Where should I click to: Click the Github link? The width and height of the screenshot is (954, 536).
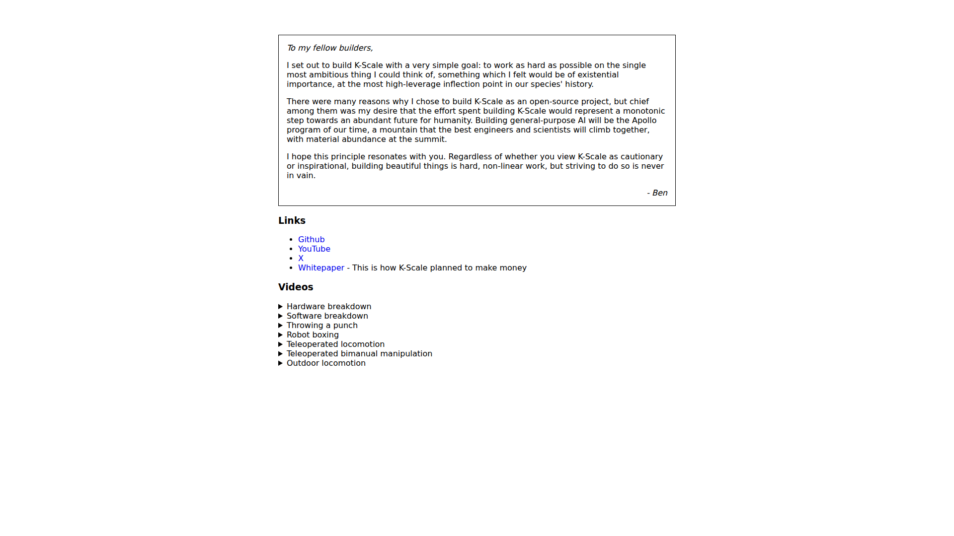[x=311, y=239]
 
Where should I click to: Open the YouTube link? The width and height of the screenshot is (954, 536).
[x=314, y=249]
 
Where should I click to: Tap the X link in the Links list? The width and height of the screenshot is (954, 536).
[x=301, y=258]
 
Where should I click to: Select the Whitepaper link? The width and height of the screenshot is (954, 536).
[x=321, y=268]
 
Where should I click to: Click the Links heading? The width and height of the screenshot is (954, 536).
[x=292, y=220]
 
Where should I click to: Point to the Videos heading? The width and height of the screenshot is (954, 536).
[x=296, y=287]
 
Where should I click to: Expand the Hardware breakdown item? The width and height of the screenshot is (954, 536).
[x=329, y=306]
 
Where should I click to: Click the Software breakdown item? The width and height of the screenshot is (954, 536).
[x=327, y=316]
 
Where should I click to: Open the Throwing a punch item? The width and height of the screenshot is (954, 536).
[x=322, y=325]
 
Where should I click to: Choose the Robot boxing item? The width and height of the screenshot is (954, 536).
[x=313, y=335]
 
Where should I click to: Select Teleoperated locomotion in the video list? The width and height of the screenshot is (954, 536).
[x=335, y=344]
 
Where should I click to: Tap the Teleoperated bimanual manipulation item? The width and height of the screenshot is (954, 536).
[x=359, y=353]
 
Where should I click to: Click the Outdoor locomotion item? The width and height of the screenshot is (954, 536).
[x=326, y=363]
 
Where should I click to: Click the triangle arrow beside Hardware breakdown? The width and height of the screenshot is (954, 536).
[x=281, y=306]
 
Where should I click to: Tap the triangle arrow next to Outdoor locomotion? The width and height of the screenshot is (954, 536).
[x=281, y=363]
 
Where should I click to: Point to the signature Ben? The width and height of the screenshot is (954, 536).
[x=659, y=193]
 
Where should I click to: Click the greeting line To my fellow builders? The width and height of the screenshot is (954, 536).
[x=329, y=48]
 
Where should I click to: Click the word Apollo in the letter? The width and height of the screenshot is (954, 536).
[x=644, y=120]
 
